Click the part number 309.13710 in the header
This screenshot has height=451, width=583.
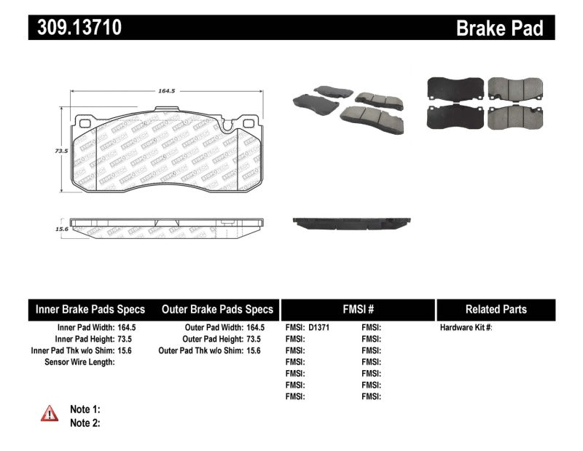tap(76, 28)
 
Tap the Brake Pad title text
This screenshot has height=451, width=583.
tap(499, 28)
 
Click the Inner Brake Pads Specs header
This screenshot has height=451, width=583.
tap(90, 309)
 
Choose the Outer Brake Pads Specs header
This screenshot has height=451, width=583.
tap(217, 309)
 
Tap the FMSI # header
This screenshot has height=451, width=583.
tap(357, 309)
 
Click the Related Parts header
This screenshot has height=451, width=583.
tap(496, 309)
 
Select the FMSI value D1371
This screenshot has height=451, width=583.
tap(319, 328)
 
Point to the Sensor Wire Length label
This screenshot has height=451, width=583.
tap(79, 362)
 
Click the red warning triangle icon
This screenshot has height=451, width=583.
tap(50, 414)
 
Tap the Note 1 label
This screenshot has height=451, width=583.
tap(85, 409)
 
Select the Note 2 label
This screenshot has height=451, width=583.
tap(85, 423)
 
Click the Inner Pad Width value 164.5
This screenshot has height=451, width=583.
tap(125, 328)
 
